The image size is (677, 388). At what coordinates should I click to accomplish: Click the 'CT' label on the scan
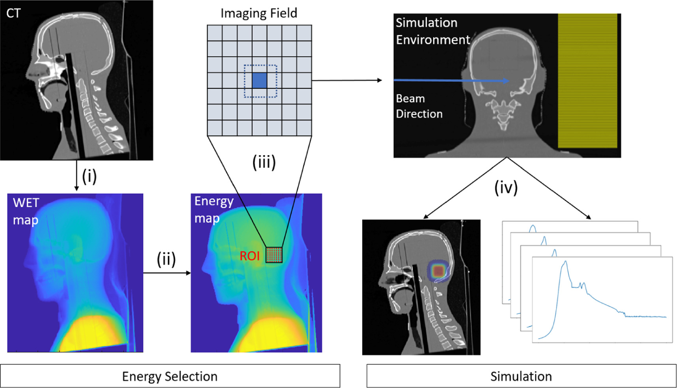13,13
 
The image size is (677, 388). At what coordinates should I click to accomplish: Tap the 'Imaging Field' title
259,13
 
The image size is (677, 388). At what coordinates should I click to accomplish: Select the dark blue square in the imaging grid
259,80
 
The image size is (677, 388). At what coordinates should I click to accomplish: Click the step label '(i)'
89,176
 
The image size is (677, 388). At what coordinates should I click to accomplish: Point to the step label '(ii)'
166,259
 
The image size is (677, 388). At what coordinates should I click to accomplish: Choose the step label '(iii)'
264,162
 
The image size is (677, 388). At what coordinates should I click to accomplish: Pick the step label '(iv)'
506,187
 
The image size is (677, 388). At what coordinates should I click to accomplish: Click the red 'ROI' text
250,256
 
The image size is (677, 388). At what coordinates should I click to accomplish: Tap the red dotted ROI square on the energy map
274,255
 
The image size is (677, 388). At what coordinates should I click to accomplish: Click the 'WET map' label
26,211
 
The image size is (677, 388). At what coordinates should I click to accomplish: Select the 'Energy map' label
213,210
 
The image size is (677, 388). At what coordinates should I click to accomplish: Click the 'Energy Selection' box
170,376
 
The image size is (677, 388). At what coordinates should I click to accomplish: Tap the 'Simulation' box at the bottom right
521,376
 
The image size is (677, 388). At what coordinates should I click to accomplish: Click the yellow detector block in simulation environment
587,81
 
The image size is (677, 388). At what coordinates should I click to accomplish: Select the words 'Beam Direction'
419,106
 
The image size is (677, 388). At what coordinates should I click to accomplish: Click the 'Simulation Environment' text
432,31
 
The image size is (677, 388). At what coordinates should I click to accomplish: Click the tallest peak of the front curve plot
566,262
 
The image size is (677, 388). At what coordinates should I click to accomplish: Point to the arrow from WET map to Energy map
166,273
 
